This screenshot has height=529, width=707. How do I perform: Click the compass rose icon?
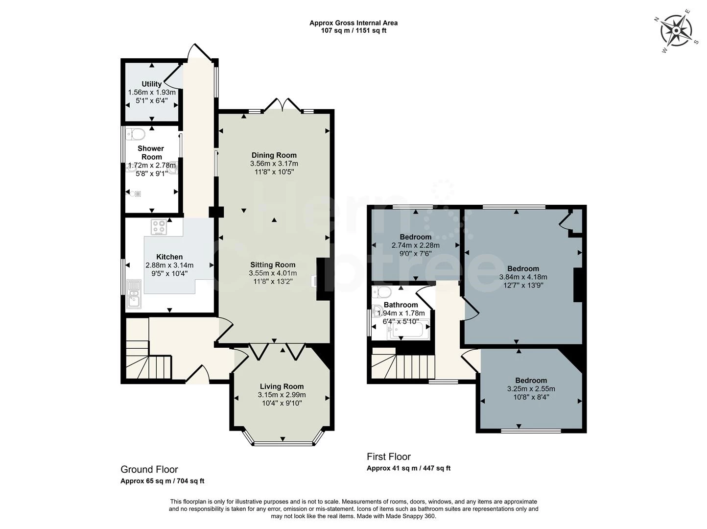(x=676, y=31)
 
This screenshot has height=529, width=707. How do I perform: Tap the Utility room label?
(x=151, y=84)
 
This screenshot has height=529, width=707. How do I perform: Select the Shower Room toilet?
(x=136, y=134)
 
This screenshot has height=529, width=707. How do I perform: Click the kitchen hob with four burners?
(x=159, y=227)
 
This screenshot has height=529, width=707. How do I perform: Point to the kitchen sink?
(x=133, y=294)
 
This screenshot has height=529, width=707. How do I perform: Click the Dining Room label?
(x=274, y=155)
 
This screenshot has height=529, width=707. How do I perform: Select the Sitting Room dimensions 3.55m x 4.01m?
(x=273, y=273)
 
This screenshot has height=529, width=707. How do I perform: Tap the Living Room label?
(x=282, y=386)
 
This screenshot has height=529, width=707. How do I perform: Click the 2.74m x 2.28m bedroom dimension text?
(x=415, y=245)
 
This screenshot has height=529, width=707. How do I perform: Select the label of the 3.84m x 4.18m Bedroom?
(x=523, y=268)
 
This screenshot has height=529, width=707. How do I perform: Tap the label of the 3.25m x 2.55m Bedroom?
(x=531, y=381)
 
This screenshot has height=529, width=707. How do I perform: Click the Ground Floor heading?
(x=149, y=470)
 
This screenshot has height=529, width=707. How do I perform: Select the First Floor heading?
(x=389, y=457)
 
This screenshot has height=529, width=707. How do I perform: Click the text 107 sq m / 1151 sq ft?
(x=353, y=30)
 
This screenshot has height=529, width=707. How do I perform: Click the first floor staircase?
(x=404, y=365)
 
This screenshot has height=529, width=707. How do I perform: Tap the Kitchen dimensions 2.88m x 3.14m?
(x=169, y=265)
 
